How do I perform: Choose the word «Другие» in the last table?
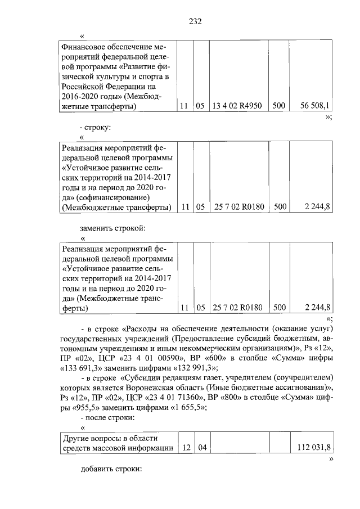(76, 438)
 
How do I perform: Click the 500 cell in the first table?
(279, 105)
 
